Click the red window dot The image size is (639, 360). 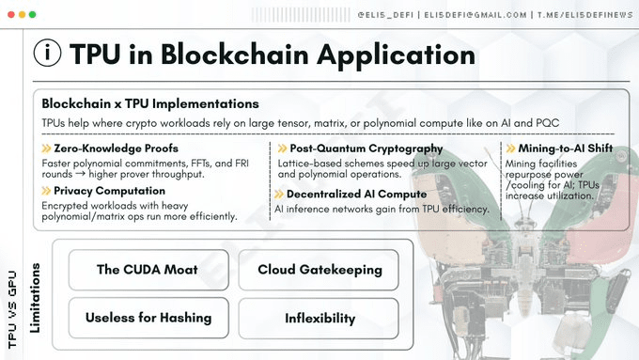pos(11,15)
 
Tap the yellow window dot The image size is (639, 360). pos(22,15)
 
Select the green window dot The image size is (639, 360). pos(33,15)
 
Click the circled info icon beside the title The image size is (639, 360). pos(47,53)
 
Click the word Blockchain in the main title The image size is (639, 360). pos(235,55)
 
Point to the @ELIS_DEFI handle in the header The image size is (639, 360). pos(385,15)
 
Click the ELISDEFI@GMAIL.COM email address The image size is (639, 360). pos(475,15)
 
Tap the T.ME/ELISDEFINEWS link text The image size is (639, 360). pos(585,15)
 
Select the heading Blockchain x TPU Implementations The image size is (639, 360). pos(150,104)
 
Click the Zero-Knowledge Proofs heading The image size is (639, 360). pos(117,149)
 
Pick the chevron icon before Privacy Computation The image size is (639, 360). pos(46,191)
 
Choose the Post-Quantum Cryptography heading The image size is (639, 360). pos(366,149)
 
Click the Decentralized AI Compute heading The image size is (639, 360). pos(356,194)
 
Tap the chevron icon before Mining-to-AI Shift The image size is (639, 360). pos(510,149)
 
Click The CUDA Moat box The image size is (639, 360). pos(148,270)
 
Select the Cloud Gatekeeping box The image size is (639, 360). pos(319,270)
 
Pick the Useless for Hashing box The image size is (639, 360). pos(148,318)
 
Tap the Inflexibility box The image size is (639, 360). pos(319,319)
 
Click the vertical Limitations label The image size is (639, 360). pos(35,298)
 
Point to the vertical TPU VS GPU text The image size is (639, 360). pos(12,309)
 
